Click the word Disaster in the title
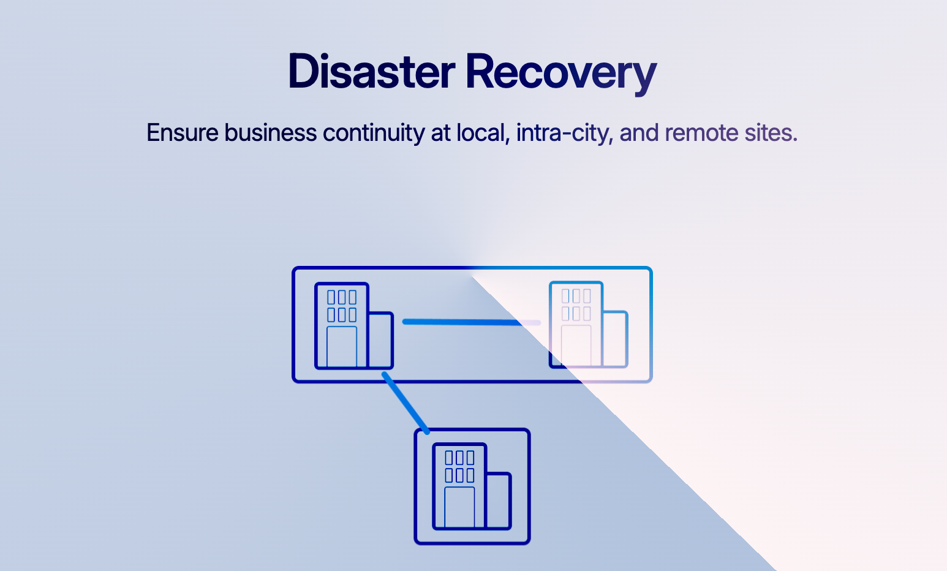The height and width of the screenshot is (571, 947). point(371,72)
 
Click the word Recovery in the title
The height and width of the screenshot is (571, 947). point(560,72)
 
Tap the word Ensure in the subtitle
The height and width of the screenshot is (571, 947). point(182,133)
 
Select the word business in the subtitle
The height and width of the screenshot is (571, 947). point(271,133)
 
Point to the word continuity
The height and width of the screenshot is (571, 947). point(374,133)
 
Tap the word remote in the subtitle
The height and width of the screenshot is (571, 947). point(701,133)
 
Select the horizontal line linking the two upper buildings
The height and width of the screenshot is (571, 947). point(466,322)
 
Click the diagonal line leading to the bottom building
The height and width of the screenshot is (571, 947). point(405,403)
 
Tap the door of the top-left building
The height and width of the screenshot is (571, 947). point(342,347)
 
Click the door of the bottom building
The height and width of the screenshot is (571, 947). point(459,507)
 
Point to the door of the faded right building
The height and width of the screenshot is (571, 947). point(576,346)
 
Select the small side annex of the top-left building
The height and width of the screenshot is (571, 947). point(380,340)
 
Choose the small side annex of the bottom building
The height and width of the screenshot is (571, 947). point(498,500)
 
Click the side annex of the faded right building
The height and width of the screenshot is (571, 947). point(615,339)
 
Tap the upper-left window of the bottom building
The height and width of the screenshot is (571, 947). point(450,458)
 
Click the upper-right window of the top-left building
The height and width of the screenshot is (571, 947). point(352,297)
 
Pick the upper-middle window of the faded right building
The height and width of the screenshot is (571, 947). point(576,296)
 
